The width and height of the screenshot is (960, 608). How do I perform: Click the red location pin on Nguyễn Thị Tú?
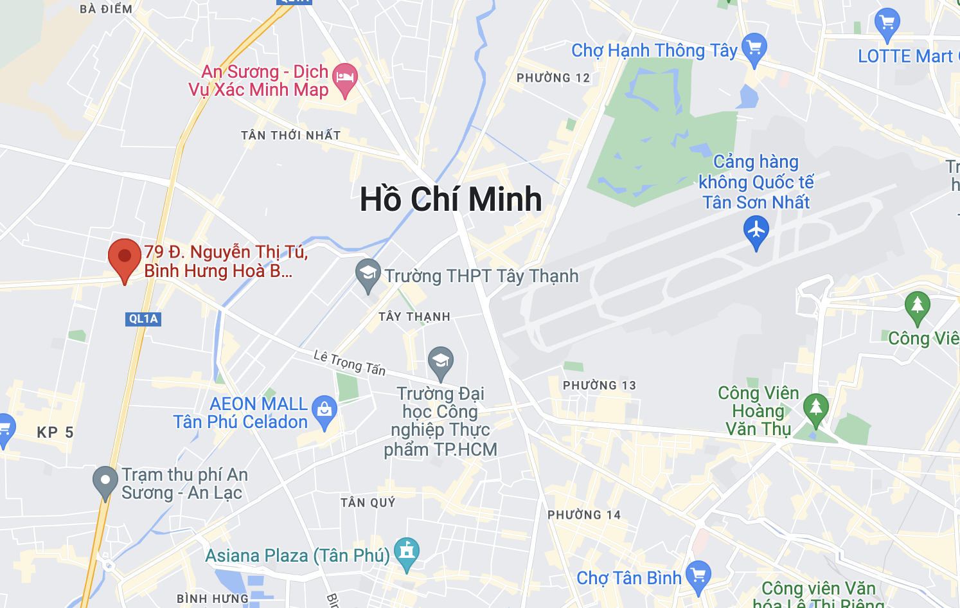(125, 258)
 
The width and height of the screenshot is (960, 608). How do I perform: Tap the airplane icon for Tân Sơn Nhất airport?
(756, 230)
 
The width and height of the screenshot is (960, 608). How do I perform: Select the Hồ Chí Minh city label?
(450, 199)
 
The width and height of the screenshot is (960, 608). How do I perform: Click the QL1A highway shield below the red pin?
(143, 319)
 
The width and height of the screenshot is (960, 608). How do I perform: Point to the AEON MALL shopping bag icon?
(324, 410)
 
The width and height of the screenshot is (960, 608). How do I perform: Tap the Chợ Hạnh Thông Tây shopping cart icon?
(754, 48)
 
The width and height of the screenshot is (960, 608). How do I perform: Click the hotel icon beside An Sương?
(345, 78)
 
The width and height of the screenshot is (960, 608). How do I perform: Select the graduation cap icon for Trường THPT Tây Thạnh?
(368, 273)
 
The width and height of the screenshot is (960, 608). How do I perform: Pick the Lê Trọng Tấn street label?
(350, 362)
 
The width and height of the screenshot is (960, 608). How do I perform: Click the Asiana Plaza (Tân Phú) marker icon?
(406, 552)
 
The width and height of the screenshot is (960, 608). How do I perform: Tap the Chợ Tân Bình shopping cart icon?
(698, 575)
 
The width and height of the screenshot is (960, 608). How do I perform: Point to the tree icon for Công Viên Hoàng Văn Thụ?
(816, 408)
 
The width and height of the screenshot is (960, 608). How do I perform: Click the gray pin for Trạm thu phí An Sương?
(105, 481)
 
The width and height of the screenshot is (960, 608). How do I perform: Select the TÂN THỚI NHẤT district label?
(290, 135)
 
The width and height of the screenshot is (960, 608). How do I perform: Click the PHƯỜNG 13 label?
(599, 386)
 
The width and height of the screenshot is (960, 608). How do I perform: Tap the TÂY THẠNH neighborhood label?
(414, 317)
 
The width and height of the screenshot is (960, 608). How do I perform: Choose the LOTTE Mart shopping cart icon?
(887, 23)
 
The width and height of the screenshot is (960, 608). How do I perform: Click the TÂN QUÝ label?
(368, 503)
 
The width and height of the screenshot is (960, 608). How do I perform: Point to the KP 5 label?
(55, 433)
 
